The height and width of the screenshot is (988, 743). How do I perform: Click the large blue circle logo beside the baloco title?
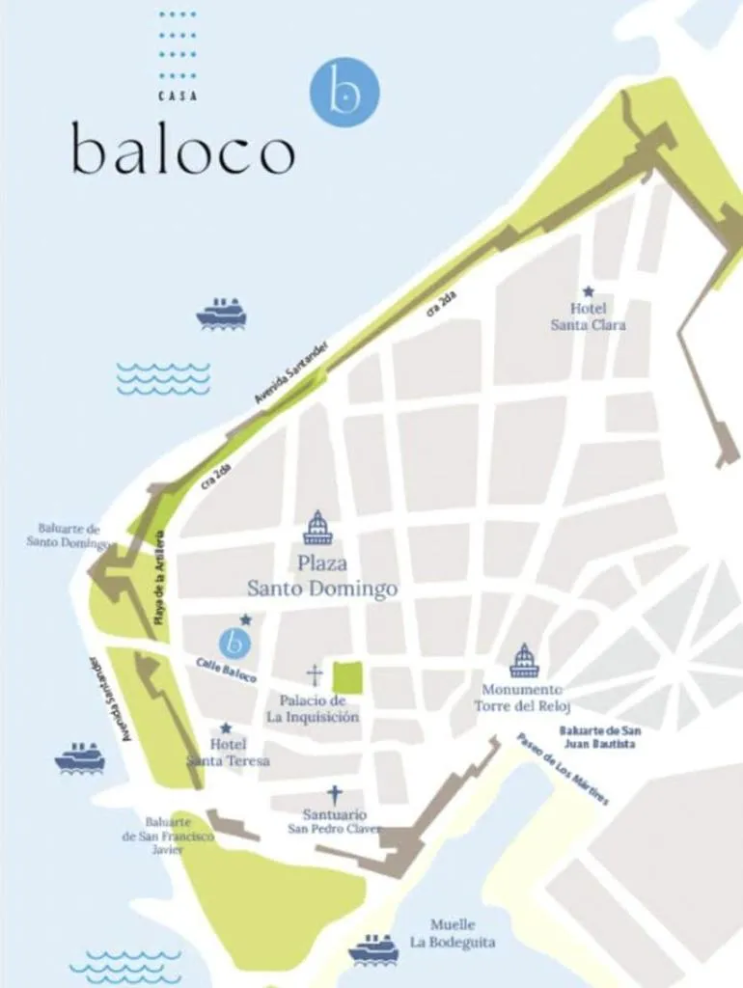coord(344,92)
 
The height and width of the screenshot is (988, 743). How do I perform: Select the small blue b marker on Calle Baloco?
coord(234,642)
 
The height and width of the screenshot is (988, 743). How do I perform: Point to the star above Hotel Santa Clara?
coord(588,291)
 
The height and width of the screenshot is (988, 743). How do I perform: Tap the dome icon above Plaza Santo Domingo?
coord(317,528)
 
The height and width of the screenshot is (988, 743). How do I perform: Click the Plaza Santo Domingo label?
coord(322,576)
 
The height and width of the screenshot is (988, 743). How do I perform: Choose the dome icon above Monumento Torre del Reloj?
coord(524,661)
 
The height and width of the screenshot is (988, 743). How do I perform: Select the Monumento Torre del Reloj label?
coord(518,698)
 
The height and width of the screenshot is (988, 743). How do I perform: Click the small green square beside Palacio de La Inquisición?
coord(347,677)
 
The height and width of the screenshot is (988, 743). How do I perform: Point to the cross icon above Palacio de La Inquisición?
coord(314,674)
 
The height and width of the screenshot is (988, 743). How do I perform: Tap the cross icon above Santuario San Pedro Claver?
coord(335,795)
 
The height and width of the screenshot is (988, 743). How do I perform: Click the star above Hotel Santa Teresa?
coord(226,728)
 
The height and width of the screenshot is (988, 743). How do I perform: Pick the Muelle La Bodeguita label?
coord(452,932)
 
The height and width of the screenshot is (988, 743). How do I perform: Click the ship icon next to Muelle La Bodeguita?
coord(373,948)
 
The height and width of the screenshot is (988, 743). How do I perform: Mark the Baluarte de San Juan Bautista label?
coord(597,738)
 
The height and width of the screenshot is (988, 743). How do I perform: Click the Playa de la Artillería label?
coord(160,579)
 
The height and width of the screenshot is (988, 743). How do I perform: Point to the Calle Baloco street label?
coord(227,670)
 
